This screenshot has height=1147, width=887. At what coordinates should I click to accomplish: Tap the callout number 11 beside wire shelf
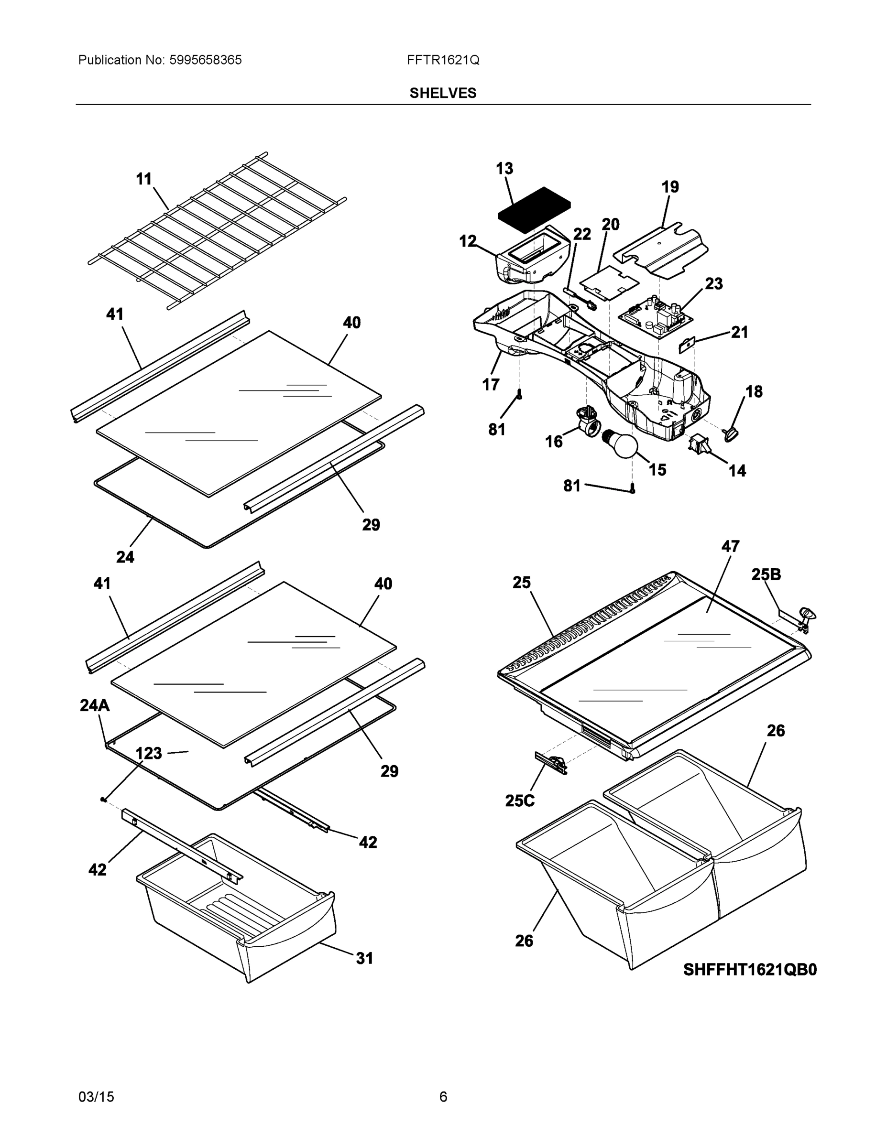pyautogui.click(x=144, y=179)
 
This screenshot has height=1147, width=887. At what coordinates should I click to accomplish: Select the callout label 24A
pyautogui.click(x=95, y=706)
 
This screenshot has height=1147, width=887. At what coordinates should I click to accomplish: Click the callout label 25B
pyautogui.click(x=766, y=574)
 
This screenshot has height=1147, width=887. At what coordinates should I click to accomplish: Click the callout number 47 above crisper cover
pyautogui.click(x=730, y=546)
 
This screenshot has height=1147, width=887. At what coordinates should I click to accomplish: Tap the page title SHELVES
pyautogui.click(x=442, y=93)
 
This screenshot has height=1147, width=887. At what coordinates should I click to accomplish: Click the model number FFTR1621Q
pyautogui.click(x=442, y=60)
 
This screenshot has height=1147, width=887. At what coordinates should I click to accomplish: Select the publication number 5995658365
pyautogui.click(x=205, y=60)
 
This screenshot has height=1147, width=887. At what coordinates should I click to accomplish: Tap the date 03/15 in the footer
pyautogui.click(x=96, y=1097)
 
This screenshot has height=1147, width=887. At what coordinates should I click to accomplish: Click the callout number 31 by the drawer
pyautogui.click(x=364, y=958)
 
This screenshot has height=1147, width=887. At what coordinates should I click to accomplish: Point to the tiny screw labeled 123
pyautogui.click(x=103, y=800)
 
